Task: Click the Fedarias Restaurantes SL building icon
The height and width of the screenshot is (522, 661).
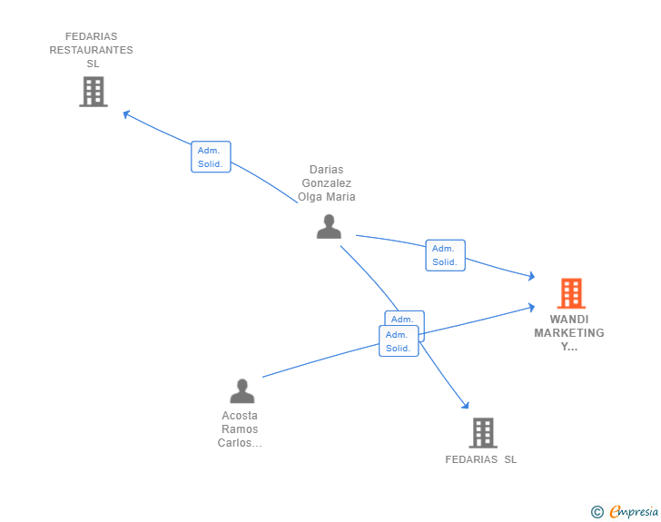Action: click(94, 92)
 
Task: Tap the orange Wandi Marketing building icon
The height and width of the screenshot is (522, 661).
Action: click(571, 293)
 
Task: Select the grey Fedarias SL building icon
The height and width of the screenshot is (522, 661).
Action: click(482, 433)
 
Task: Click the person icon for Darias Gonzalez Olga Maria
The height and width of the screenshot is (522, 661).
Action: click(329, 227)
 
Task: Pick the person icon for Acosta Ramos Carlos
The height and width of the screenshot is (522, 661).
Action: click(242, 391)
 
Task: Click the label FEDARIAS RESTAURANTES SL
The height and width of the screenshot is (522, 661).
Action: click(91, 50)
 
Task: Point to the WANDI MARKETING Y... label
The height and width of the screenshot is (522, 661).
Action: click(569, 332)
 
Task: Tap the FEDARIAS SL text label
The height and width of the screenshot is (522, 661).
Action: click(480, 459)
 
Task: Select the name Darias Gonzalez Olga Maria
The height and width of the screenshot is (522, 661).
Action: click(327, 183)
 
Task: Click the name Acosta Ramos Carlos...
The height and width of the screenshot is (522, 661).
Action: click(240, 429)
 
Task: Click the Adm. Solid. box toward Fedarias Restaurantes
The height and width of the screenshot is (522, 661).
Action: click(211, 156)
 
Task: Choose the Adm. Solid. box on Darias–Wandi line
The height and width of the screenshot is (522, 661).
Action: click(445, 255)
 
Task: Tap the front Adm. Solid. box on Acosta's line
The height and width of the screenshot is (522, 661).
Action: click(399, 340)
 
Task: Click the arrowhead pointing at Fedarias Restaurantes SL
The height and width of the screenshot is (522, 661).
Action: click(127, 114)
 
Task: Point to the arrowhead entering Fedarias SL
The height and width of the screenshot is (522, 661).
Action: click(465, 405)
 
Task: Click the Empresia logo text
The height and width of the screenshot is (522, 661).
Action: click(634, 511)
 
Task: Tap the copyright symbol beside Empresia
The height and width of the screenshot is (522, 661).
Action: click(597, 512)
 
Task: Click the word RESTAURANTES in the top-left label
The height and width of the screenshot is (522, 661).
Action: click(91, 50)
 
